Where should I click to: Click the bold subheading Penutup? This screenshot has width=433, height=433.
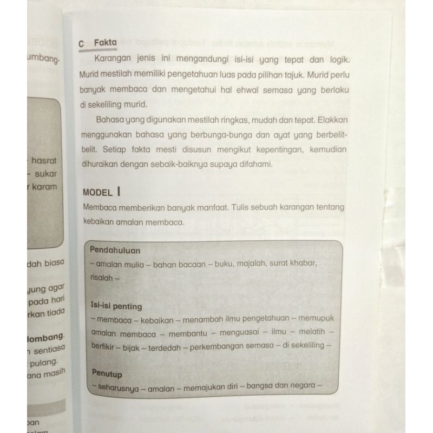(x=107, y=373)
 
